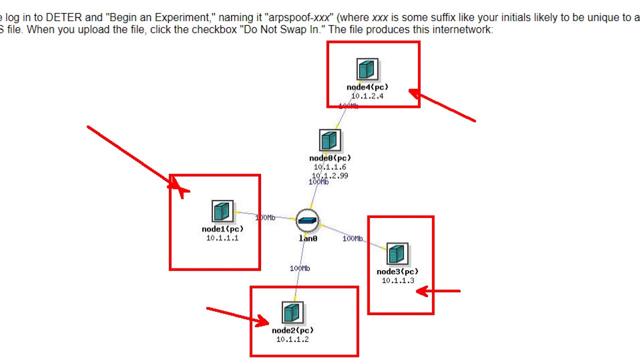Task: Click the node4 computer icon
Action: [367, 69]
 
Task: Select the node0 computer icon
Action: [329, 140]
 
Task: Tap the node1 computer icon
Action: [222, 211]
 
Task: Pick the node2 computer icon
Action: [292, 313]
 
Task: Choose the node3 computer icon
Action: [397, 254]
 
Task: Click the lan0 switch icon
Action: [307, 220]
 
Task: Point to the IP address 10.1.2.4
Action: [367, 96]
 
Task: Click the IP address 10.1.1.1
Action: [222, 238]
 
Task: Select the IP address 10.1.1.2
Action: [292, 339]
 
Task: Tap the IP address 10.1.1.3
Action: [398, 280]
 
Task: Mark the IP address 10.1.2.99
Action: [330, 175]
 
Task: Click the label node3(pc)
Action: [397, 271]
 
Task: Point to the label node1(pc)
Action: [222, 229]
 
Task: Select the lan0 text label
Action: [308, 238]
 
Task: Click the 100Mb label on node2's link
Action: [300, 268]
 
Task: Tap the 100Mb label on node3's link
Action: [352, 238]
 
